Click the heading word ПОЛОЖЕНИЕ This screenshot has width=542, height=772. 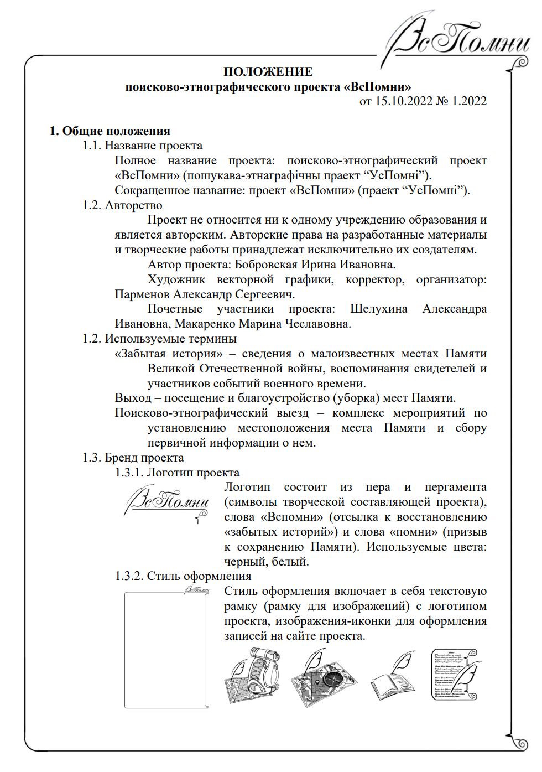coord(268,72)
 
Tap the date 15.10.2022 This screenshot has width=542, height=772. coord(405,101)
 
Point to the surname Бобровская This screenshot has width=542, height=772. coord(267,265)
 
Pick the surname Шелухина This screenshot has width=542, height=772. coord(379,309)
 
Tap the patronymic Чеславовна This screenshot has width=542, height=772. coord(317,324)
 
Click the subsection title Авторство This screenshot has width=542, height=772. coord(133,205)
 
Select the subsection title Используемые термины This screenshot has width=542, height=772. coord(170,339)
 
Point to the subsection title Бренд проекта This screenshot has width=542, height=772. coord(144,458)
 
